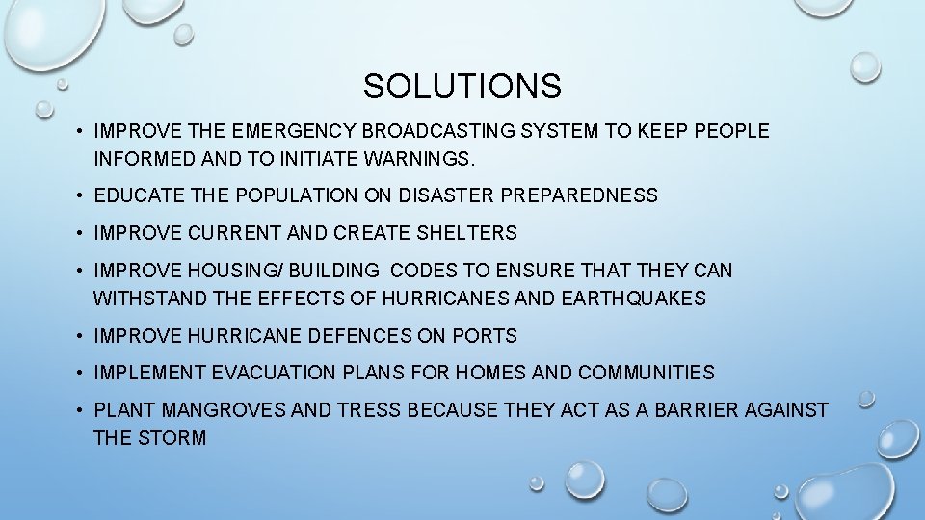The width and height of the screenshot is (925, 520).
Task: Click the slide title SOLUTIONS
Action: [x=462, y=88]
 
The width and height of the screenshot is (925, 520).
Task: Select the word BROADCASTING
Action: [x=440, y=131]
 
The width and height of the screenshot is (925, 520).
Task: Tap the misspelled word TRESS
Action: [x=369, y=410]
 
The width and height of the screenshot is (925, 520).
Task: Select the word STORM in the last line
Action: [x=174, y=438]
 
